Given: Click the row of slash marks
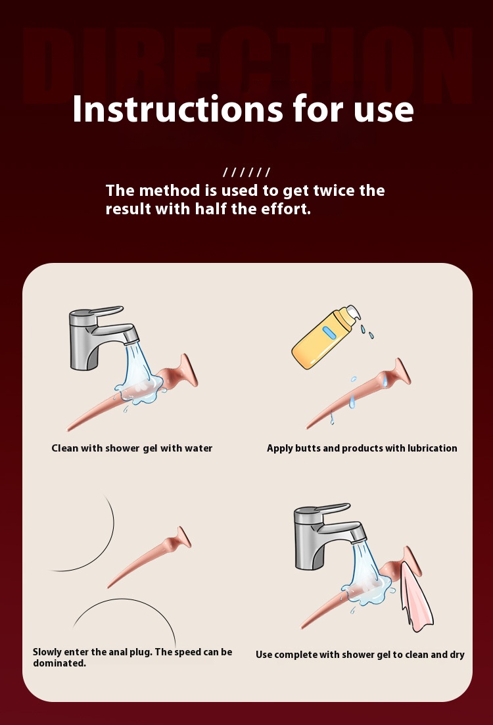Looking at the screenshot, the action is [x=246, y=172].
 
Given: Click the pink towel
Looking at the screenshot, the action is [x=416, y=596].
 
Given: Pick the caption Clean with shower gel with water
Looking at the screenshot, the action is [x=132, y=448].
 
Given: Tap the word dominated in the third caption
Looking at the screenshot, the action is [x=59, y=663].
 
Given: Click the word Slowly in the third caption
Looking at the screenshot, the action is [x=47, y=652].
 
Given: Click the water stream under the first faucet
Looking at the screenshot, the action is [x=138, y=366].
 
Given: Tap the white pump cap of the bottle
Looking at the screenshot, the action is [x=352, y=313].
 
